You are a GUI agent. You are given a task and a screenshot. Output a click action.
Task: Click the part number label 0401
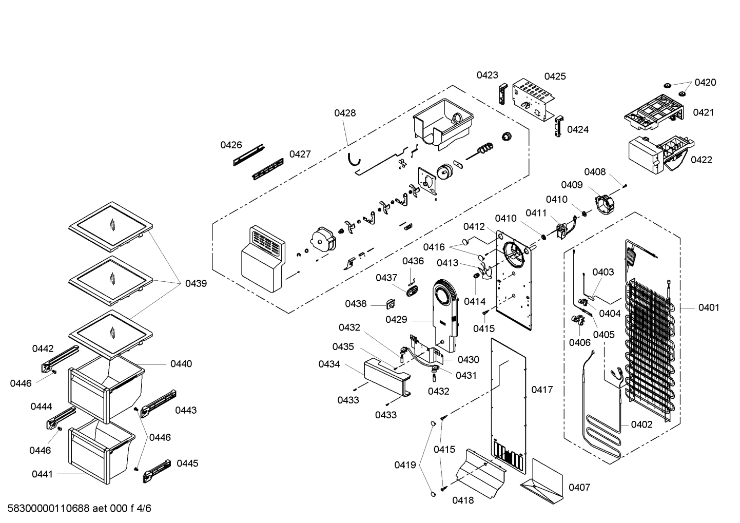[x=708, y=307]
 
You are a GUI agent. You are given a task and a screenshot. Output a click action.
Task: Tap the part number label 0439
[x=196, y=283]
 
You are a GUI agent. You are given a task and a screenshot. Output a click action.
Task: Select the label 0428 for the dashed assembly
[x=345, y=113]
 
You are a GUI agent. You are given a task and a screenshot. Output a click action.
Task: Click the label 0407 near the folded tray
[x=579, y=487]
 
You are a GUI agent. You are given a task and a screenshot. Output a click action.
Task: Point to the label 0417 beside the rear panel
[x=542, y=390]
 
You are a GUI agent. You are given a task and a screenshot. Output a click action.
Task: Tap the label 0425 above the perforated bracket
[x=555, y=76]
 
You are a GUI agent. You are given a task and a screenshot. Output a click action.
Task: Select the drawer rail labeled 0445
[x=157, y=469]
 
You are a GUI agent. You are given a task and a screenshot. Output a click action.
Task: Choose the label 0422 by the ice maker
[x=701, y=160]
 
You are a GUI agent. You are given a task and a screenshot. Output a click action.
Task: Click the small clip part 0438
[x=390, y=304]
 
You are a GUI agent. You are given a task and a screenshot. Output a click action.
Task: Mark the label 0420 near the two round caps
[x=705, y=82]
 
